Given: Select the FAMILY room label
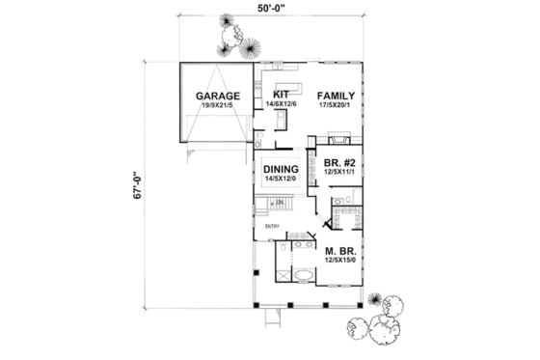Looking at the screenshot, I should (x=333, y=96).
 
